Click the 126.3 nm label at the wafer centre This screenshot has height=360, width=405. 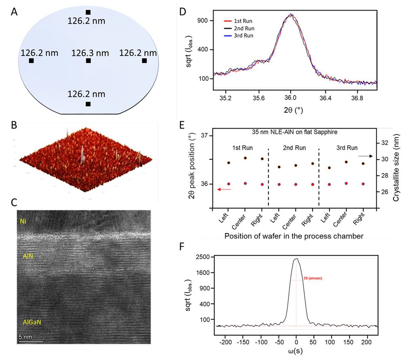pyautogui.click(x=90, y=53)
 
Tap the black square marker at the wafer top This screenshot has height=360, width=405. pyautogui.click(x=88, y=12)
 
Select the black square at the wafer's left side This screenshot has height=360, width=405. pyautogui.click(x=31, y=61)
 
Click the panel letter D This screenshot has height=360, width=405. pyautogui.click(x=183, y=11)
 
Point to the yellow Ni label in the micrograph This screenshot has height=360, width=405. pyautogui.click(x=23, y=222)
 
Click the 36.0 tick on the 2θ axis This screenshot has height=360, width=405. pyautogui.click(x=290, y=98)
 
